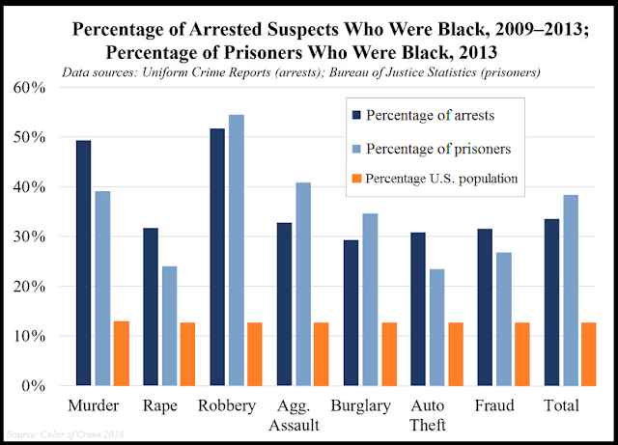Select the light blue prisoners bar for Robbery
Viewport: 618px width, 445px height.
[x=236, y=250]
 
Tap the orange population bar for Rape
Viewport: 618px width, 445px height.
[x=186, y=353]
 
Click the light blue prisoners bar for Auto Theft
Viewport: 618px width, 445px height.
[x=435, y=327]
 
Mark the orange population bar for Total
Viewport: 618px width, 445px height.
[x=588, y=353]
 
